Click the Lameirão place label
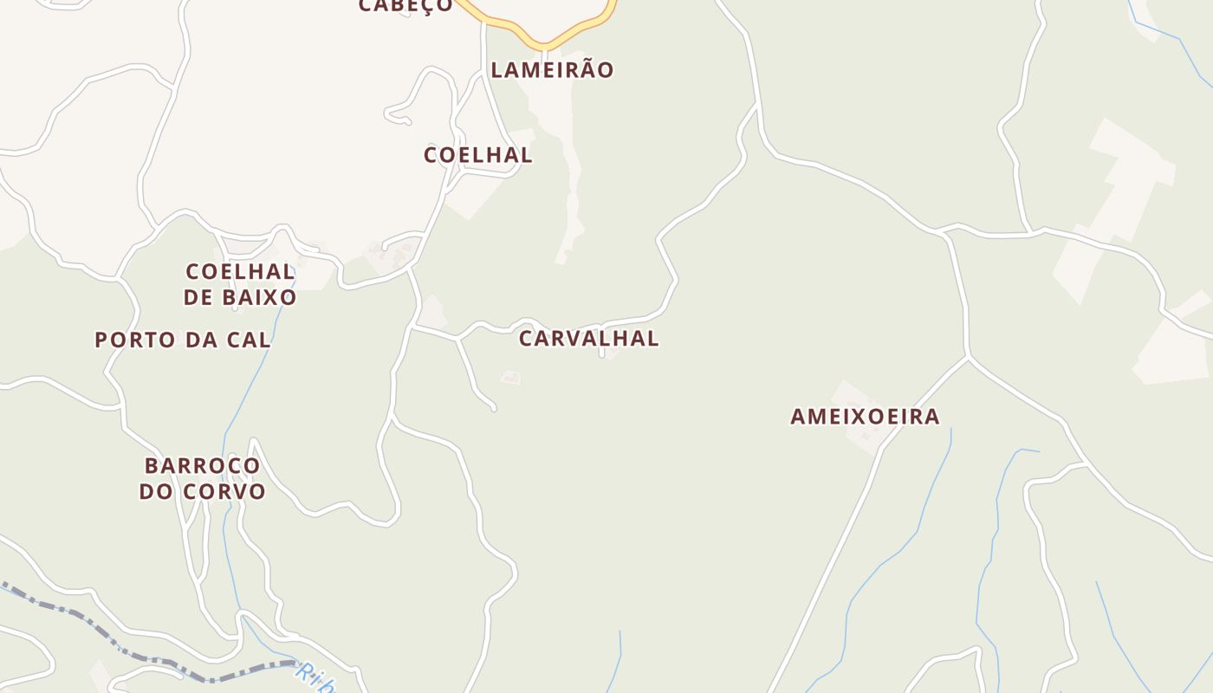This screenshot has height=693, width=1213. coord(552,70)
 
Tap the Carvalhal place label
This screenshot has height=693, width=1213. coord(588,339)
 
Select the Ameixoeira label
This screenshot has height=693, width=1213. coord(865,417)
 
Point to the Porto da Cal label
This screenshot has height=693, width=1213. coord(183,340)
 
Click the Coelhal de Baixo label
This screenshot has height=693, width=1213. coord(240,284)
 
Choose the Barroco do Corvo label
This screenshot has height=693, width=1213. coord(203,479)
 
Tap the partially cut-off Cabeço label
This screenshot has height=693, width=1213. coord(405,6)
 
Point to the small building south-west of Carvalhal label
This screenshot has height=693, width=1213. coord(511,378)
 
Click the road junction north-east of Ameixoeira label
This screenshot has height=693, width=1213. coord(967,356)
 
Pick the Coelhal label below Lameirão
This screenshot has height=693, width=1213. coord(477,156)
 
